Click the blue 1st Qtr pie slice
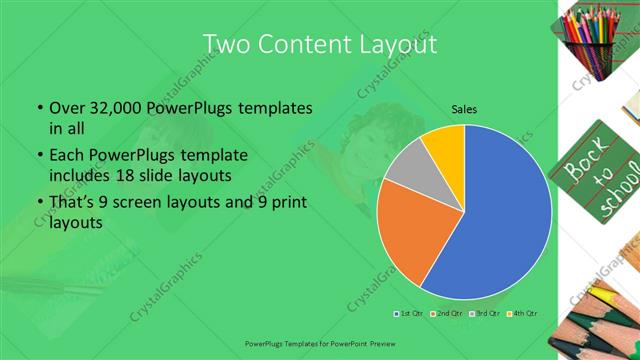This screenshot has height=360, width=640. point(500,220)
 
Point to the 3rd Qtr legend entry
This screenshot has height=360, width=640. point(484,314)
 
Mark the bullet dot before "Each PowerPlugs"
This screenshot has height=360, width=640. point(38,157)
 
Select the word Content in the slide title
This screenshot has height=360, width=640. point(304,44)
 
